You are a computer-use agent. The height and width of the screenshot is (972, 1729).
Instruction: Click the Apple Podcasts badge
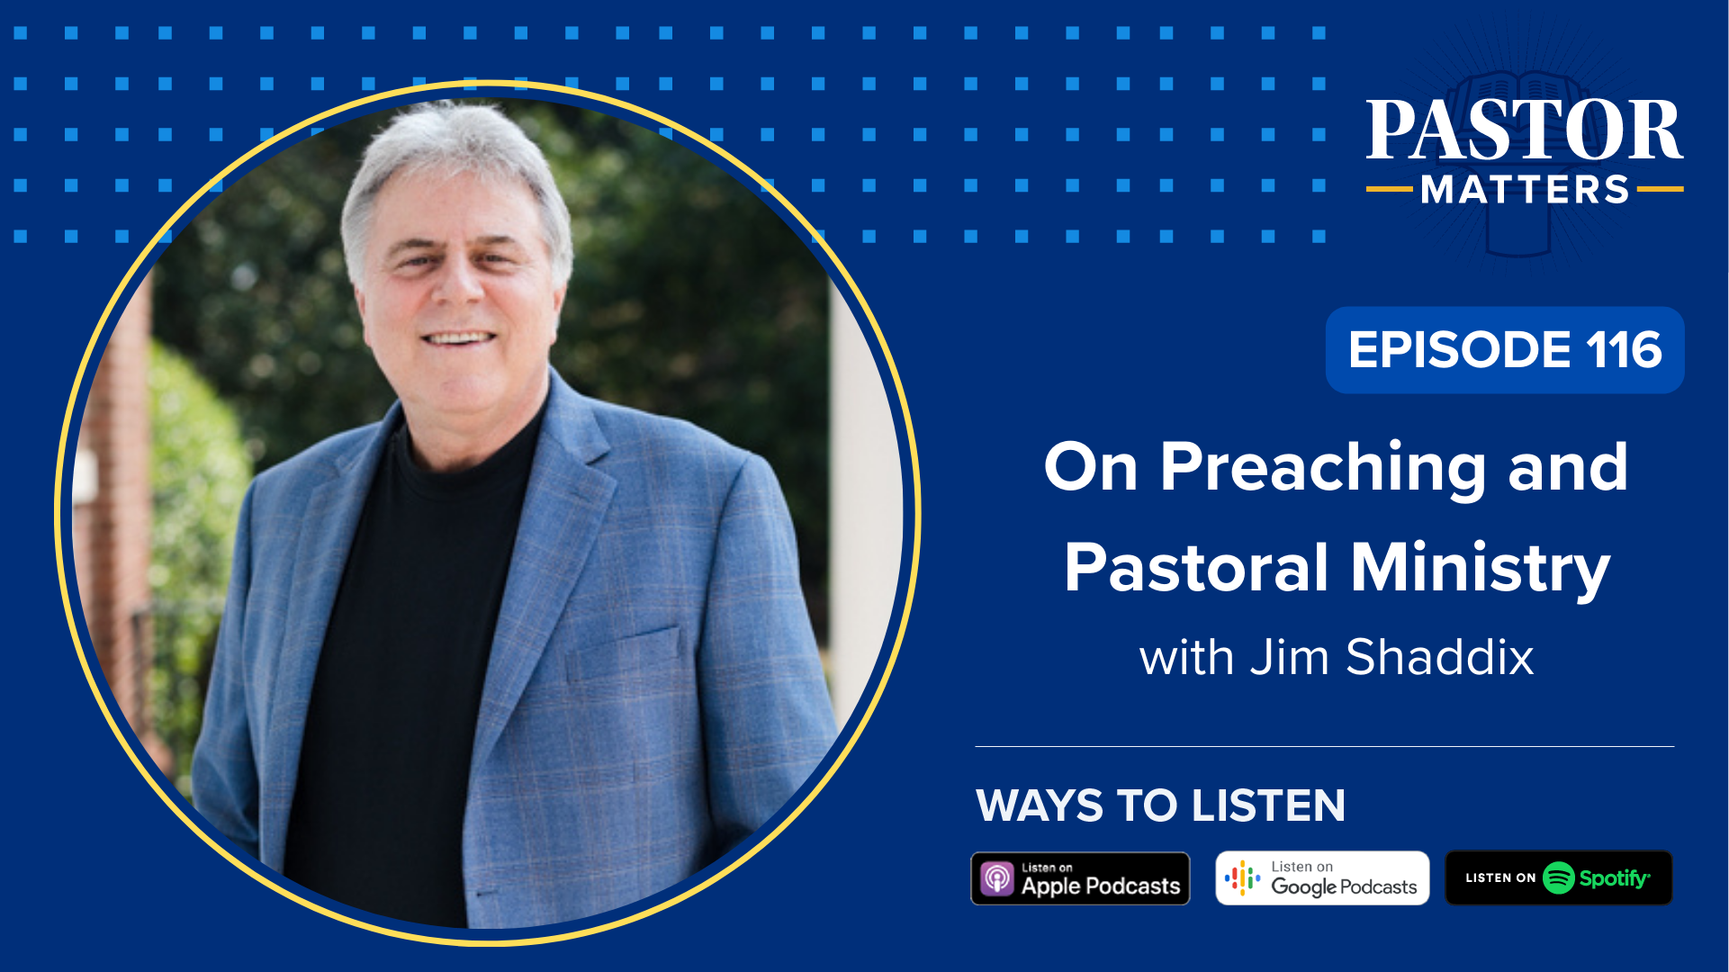pos(1080,878)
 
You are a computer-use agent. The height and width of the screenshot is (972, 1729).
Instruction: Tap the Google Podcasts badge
pos(1322,878)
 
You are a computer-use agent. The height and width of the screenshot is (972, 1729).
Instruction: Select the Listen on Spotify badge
pos(1558,878)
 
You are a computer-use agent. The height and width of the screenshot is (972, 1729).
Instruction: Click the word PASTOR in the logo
pos(1524,131)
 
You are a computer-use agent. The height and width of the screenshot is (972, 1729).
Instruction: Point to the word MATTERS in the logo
pos(1525,191)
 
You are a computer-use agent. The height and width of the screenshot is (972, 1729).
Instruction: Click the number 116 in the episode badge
pos(1624,350)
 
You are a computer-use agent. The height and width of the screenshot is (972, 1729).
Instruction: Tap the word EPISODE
pos(1458,350)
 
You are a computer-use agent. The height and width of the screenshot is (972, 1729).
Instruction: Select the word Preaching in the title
pos(1323,469)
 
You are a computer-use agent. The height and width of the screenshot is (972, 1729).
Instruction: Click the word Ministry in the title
pos(1481,569)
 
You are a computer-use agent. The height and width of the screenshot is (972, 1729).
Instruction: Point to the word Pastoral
pos(1197,569)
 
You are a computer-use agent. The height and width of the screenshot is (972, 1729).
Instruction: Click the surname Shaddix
pos(1440,658)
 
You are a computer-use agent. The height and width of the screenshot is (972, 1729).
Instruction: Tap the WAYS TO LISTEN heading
pos(1160,805)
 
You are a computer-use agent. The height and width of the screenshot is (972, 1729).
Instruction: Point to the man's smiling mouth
pos(459,340)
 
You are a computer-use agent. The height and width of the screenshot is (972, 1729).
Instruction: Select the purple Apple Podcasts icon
pos(997,878)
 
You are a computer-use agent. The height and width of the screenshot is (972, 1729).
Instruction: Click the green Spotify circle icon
pos(1558,878)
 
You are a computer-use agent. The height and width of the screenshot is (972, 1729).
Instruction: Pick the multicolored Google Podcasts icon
pos(1243,878)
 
